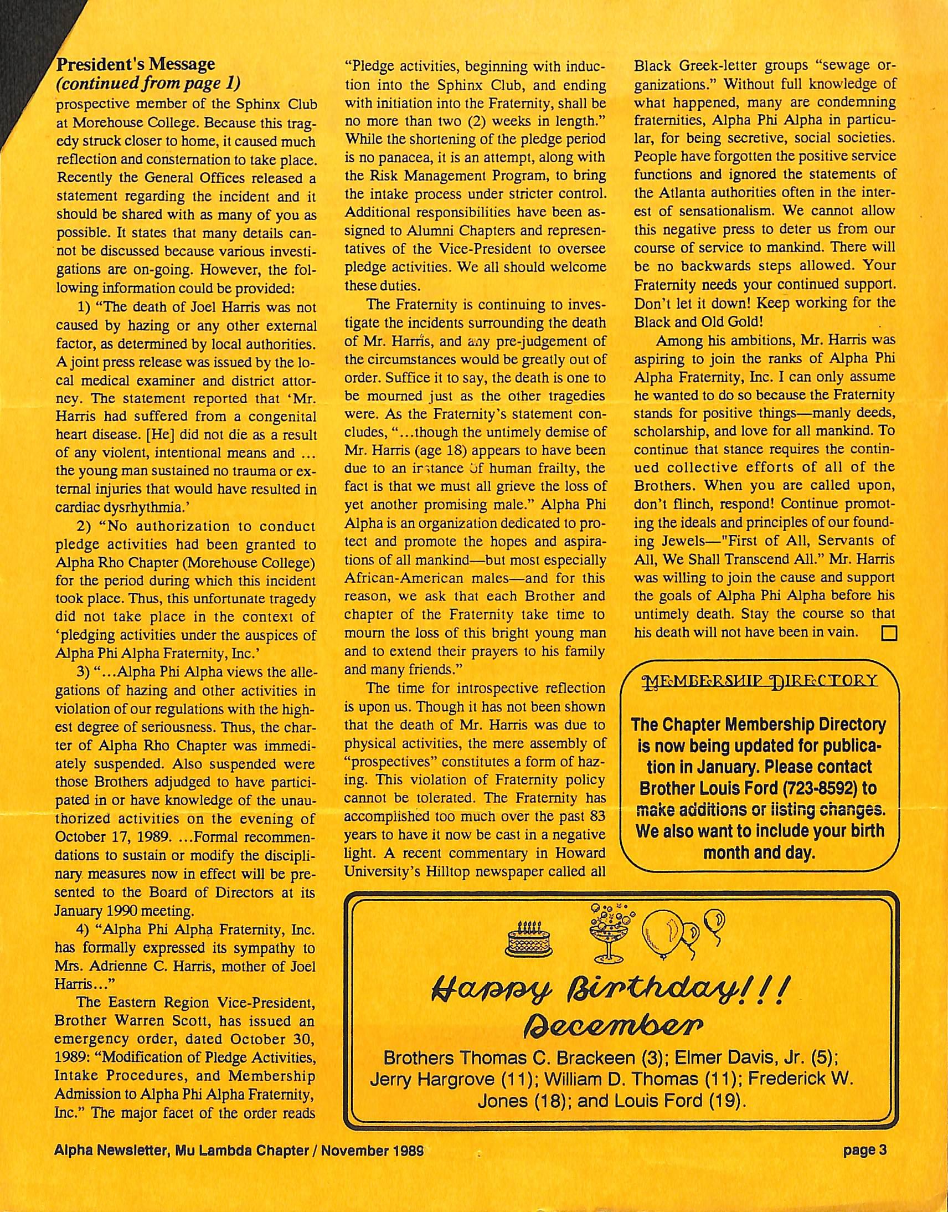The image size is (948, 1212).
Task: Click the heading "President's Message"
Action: pos(136,65)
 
